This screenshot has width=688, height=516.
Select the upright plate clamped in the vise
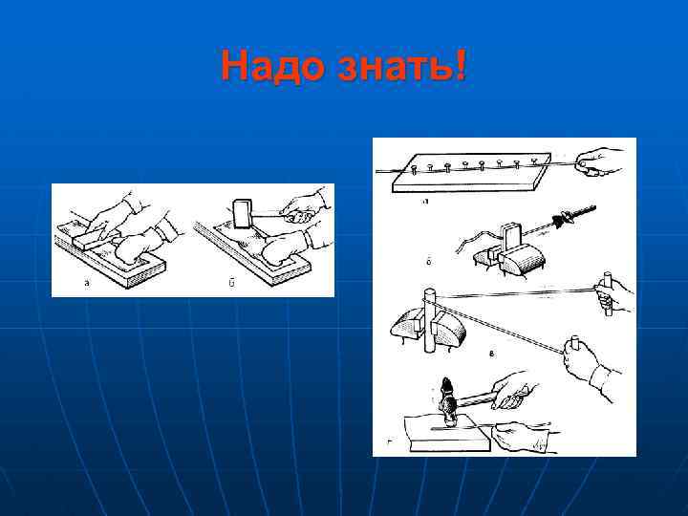509,236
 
